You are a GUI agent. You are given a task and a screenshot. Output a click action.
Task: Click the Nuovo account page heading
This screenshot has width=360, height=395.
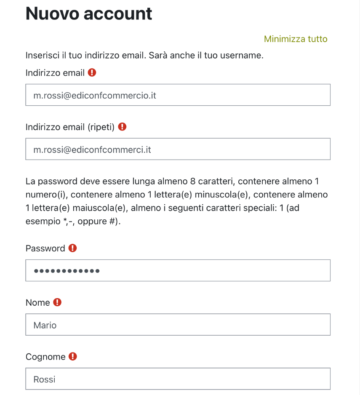tap(89, 13)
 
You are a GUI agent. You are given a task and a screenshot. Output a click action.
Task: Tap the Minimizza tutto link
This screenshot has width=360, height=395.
tap(295, 39)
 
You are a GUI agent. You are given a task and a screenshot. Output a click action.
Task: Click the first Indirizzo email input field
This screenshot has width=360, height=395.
tap(178, 95)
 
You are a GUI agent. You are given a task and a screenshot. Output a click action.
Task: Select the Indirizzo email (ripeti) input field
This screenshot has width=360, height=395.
tap(178, 149)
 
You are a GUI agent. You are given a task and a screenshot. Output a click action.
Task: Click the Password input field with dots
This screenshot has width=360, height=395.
tap(178, 270)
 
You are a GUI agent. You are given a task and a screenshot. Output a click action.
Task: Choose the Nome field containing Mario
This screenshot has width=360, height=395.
tap(178, 325)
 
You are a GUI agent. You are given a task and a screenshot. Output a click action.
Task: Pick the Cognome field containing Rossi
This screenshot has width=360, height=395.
tap(178, 379)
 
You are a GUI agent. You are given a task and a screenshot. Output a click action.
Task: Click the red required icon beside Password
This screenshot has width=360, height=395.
tap(73, 248)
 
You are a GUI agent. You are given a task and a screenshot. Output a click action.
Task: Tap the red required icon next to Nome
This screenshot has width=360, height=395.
tap(57, 302)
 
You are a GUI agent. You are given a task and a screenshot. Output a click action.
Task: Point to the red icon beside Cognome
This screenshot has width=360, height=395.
tap(73, 357)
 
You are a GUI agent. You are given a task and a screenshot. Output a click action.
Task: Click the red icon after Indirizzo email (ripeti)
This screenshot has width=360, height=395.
tap(122, 126)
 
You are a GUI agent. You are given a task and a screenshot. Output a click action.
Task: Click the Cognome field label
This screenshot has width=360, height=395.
tap(45, 357)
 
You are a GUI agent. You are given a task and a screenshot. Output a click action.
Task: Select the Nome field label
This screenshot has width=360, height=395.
tap(37, 303)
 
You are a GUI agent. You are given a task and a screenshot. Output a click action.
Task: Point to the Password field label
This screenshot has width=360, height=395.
tap(45, 248)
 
